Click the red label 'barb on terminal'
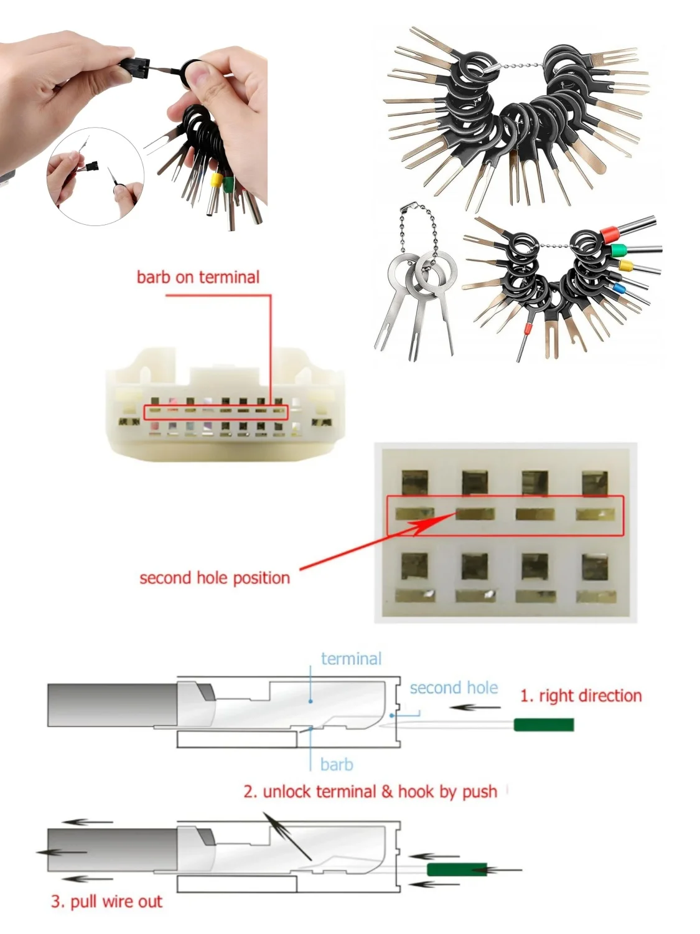coord(198,277)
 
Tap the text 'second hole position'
coord(215,578)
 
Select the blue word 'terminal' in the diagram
coord(351,659)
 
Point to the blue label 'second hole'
coord(454,688)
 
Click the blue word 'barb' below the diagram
coord(337,764)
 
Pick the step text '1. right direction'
coord(581,696)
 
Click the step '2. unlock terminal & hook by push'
coord(370,791)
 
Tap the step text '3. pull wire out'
coord(106,901)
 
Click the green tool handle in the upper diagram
coord(543,724)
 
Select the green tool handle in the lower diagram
coord(457,869)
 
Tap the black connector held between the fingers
coord(136,67)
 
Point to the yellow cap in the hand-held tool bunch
coord(217,181)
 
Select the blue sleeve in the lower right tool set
coord(618,288)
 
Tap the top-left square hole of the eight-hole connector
coord(414,483)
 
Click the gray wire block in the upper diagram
coord(112,705)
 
